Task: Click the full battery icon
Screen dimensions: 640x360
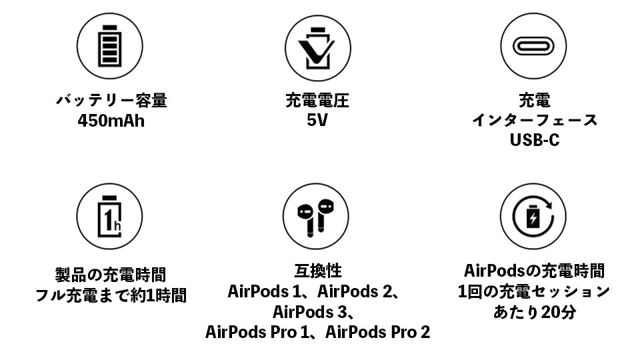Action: tap(110, 46)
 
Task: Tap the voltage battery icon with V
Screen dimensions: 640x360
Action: tap(317, 48)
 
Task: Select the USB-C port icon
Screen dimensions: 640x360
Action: tap(533, 46)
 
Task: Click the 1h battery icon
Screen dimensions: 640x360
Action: tap(109, 216)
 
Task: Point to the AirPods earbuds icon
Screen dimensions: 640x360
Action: tap(315, 217)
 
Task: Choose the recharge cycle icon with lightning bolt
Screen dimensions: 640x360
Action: tap(533, 216)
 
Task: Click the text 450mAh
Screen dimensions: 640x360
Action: tap(111, 121)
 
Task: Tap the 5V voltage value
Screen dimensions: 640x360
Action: tap(317, 121)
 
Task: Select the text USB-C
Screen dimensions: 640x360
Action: tap(534, 140)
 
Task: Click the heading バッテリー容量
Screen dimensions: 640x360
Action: tap(111, 101)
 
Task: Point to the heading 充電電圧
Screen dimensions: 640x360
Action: tap(317, 101)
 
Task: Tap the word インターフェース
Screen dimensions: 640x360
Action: tap(535, 121)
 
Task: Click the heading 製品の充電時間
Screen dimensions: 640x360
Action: tap(111, 275)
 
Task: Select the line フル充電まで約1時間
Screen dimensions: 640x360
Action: tap(111, 295)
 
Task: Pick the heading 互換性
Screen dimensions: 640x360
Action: tap(317, 271)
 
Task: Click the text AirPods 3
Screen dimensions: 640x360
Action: tap(309, 312)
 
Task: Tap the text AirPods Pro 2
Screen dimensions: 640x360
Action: tap(377, 332)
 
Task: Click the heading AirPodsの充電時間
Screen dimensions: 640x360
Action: tap(534, 271)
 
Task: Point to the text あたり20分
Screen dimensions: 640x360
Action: tap(535, 312)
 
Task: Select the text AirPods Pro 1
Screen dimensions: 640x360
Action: tap(257, 332)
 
